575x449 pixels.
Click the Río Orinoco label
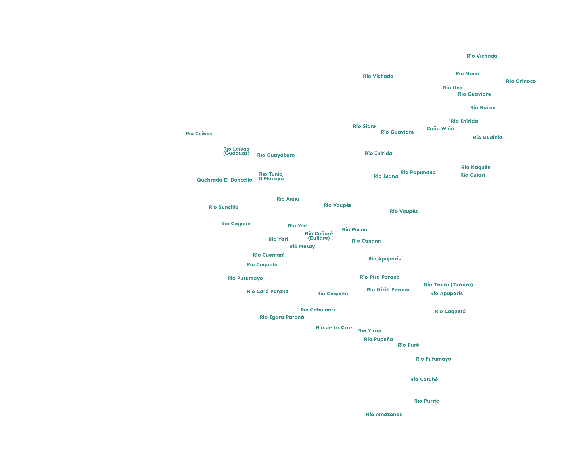pyautogui.click(x=521, y=81)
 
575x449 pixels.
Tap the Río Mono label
pyautogui.click(x=467, y=74)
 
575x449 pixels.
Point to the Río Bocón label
pyautogui.click(x=483, y=108)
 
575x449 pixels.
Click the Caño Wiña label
pyautogui.click(x=440, y=129)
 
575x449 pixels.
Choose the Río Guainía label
pyautogui.click(x=488, y=137)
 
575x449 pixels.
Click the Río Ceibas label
pyautogui.click(x=199, y=134)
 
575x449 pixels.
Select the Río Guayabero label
pyautogui.click(x=276, y=155)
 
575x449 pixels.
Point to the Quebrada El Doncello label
pyautogui.click(x=224, y=180)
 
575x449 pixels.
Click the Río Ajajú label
pyautogui.click(x=288, y=199)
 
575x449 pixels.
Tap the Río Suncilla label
pyautogui.click(x=224, y=207)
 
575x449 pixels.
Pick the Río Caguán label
pyautogui.click(x=236, y=224)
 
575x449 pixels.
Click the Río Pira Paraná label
pyautogui.click(x=380, y=277)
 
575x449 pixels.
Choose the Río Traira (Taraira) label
pyautogui.click(x=448, y=285)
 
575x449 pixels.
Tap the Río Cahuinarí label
pyautogui.click(x=318, y=310)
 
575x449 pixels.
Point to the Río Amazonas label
pyautogui.click(x=384, y=415)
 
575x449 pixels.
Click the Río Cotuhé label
pyautogui.click(x=424, y=380)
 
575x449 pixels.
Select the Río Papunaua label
pyautogui.click(x=418, y=173)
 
